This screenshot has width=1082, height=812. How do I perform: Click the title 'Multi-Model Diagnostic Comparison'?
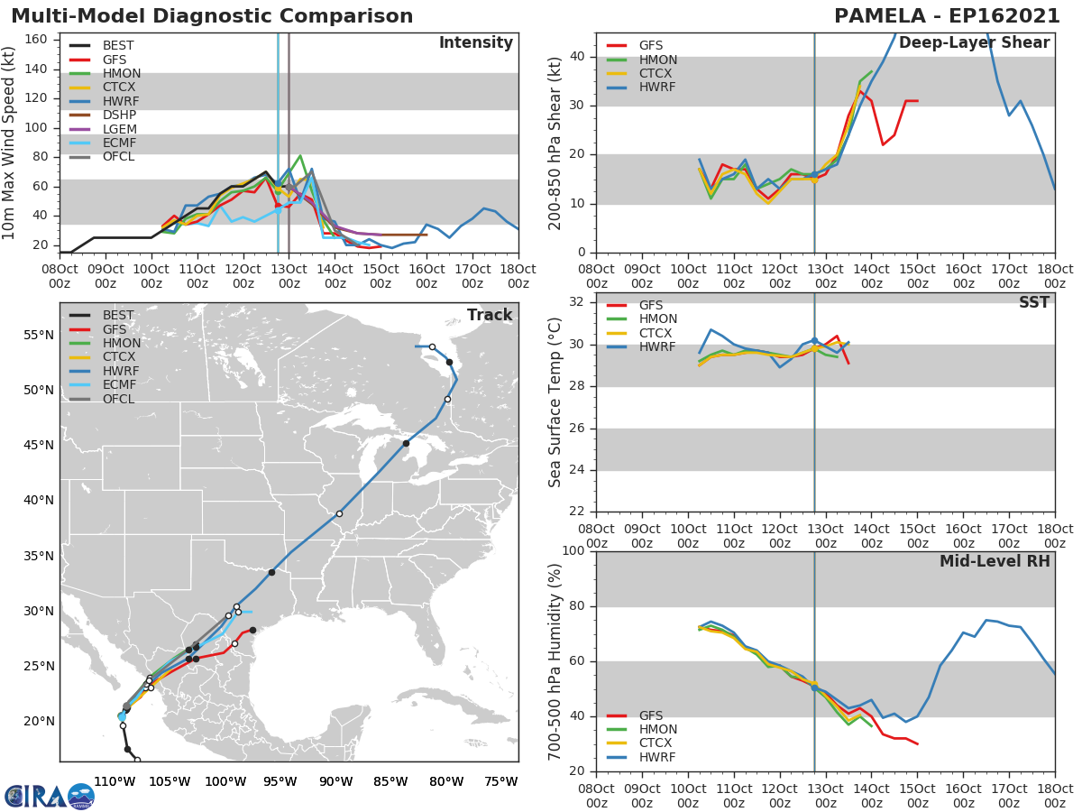point(212,16)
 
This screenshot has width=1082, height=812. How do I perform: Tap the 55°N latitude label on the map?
point(39,336)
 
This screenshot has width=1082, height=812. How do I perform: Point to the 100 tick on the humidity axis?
point(573,551)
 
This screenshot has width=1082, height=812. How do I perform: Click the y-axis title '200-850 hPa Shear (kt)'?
point(556,143)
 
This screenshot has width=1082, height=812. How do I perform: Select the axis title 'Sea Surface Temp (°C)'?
point(556,401)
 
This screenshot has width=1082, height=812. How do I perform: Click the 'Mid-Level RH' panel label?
point(995,561)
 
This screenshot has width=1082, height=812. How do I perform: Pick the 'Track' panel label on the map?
point(490,315)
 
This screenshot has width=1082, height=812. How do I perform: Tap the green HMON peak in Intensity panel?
point(300,156)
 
